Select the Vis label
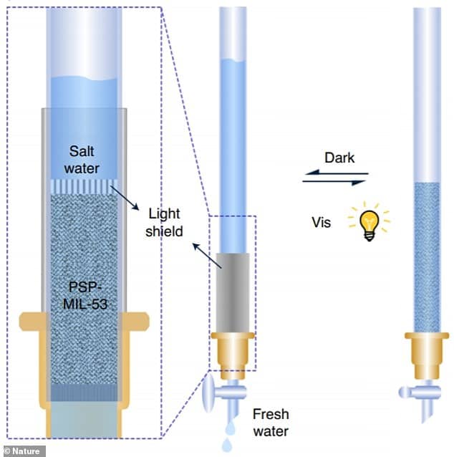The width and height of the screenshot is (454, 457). point(322,222)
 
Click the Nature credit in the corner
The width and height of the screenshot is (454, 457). point(24,451)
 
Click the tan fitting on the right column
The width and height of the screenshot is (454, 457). point(428,351)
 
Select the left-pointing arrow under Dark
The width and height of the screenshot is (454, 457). point(334,172)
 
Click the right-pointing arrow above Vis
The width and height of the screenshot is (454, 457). point(334,182)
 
